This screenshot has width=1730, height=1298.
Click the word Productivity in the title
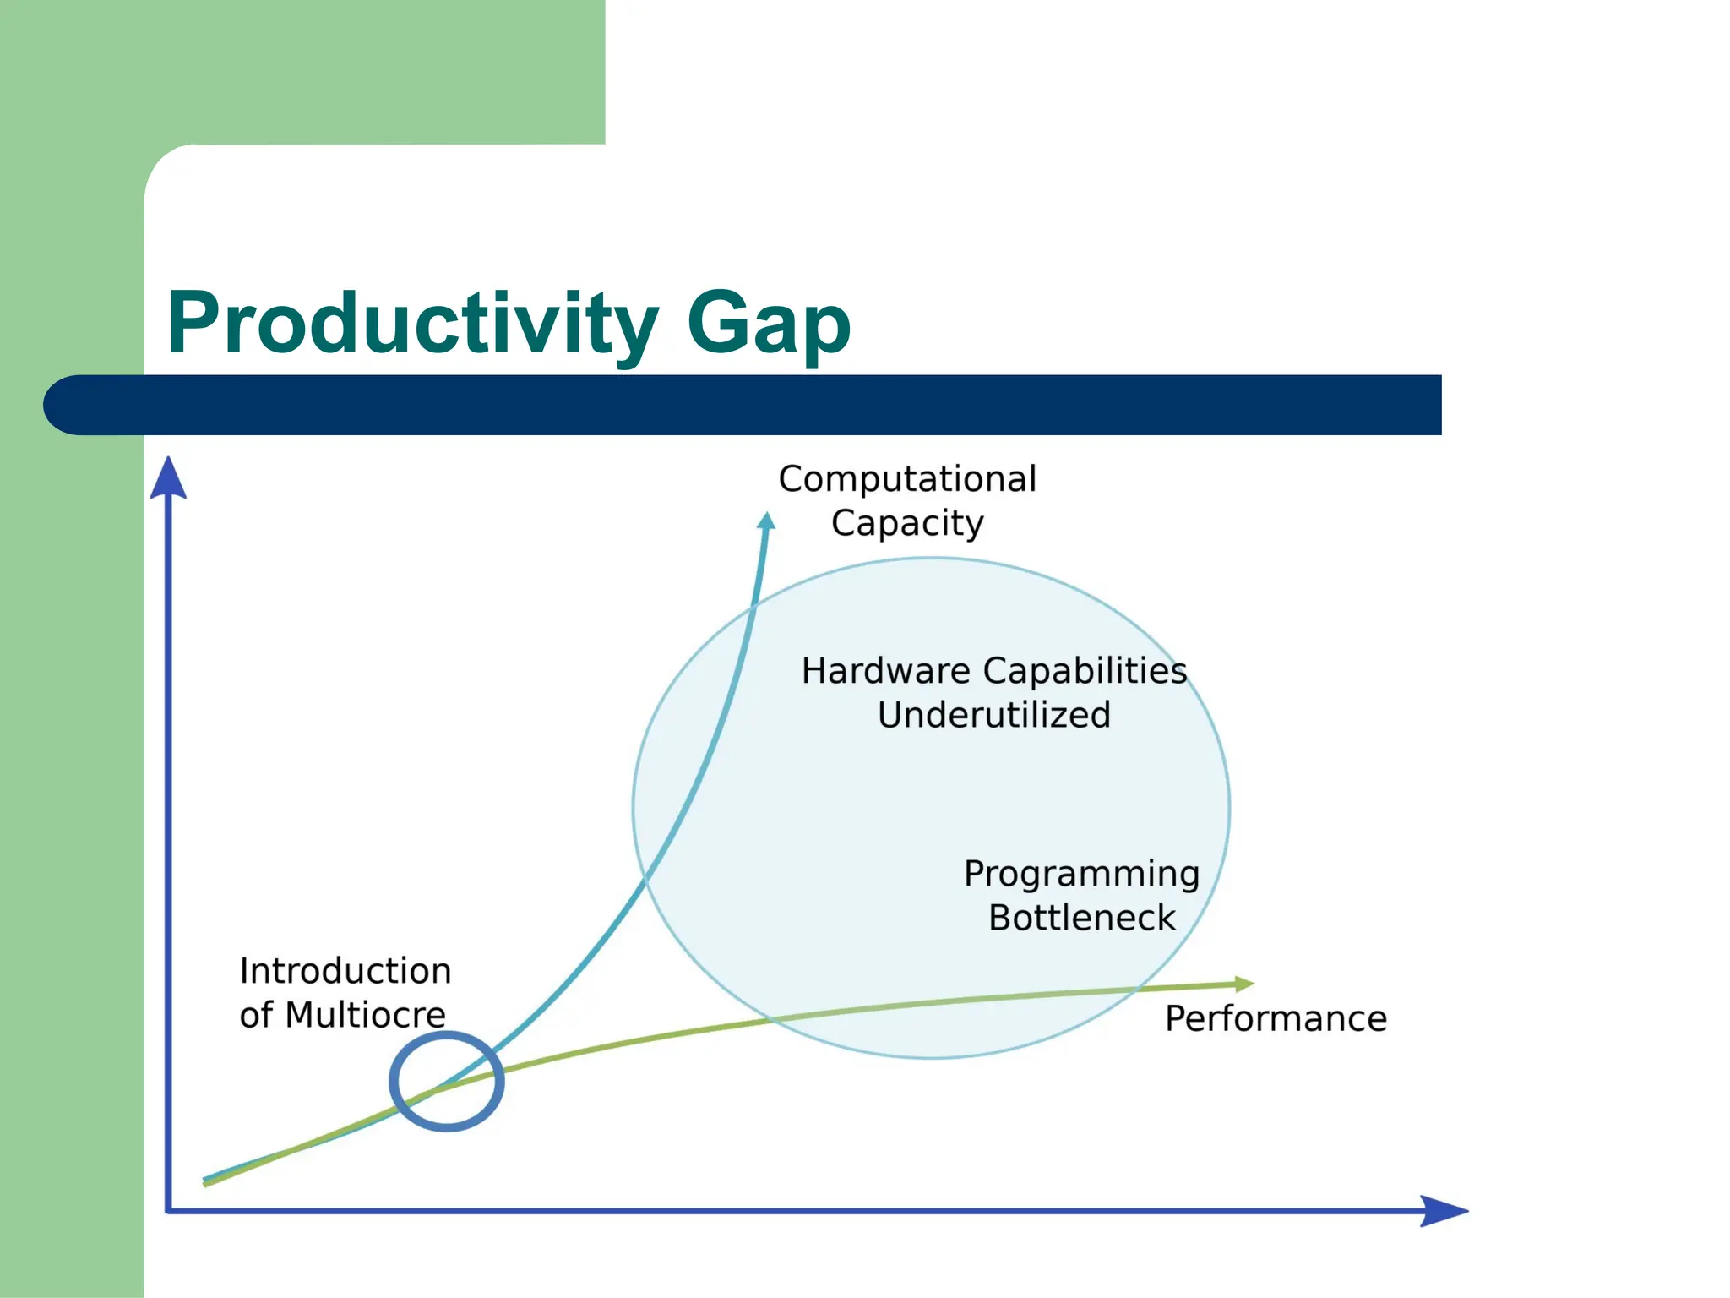pos(412,324)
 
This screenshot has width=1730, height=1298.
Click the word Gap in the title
pos(768,324)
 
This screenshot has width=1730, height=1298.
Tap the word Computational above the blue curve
pos(907,479)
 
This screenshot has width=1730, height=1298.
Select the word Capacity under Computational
pos(907,523)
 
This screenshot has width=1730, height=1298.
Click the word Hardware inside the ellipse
pos(886,671)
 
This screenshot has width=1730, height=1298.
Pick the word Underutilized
pos(993,715)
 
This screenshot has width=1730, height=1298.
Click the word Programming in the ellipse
pos(1081,874)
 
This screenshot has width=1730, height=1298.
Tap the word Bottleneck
pos(1081,918)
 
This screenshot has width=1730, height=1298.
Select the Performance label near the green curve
pos(1276,1019)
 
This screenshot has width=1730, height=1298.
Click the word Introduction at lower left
pos(345,971)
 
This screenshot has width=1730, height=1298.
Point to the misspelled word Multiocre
pos(365,1015)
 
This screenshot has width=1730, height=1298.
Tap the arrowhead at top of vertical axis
pos(168,478)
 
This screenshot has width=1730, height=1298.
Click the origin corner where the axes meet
pos(169,1211)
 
